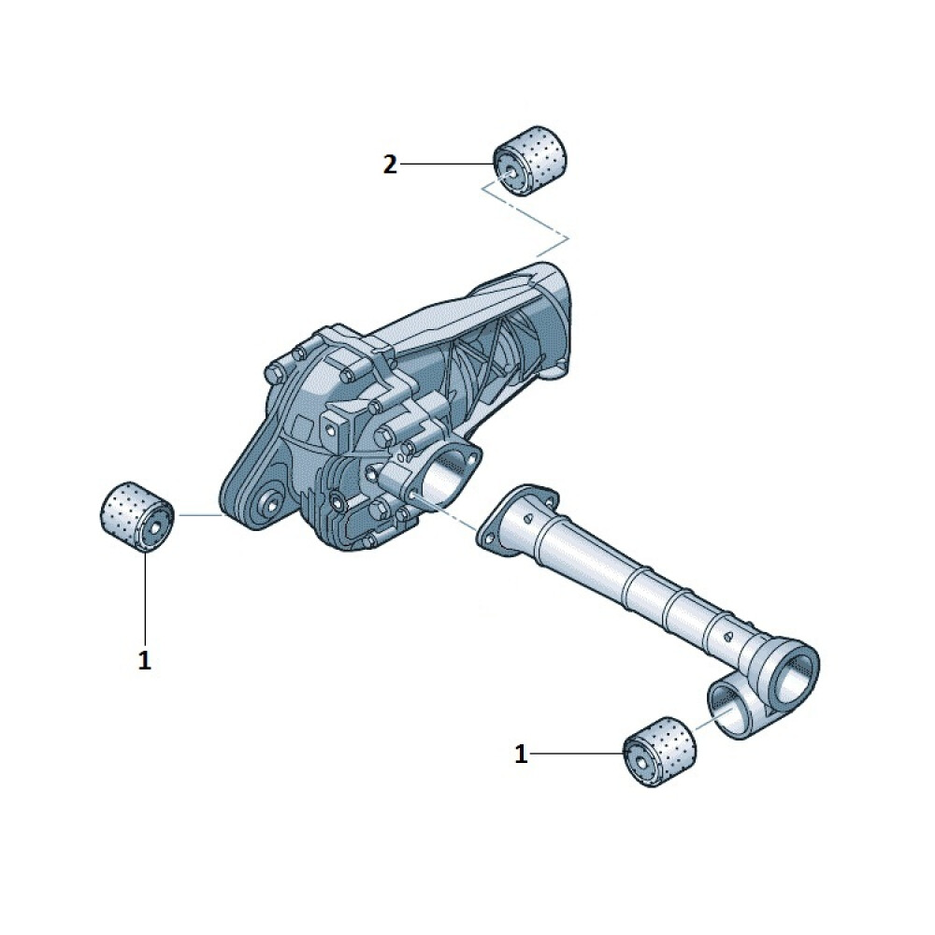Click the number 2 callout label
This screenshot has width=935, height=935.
389,164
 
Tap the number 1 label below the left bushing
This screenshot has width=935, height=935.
144,660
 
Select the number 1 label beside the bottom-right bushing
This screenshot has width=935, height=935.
521,755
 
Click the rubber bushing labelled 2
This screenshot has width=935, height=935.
530,161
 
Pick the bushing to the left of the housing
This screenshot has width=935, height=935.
137,516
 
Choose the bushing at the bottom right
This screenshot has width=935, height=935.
659,752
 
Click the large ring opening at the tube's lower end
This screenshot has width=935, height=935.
794,673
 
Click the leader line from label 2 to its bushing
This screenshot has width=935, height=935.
447,164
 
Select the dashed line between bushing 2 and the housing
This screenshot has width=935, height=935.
525,220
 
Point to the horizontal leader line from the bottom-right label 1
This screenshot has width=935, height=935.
577,755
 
